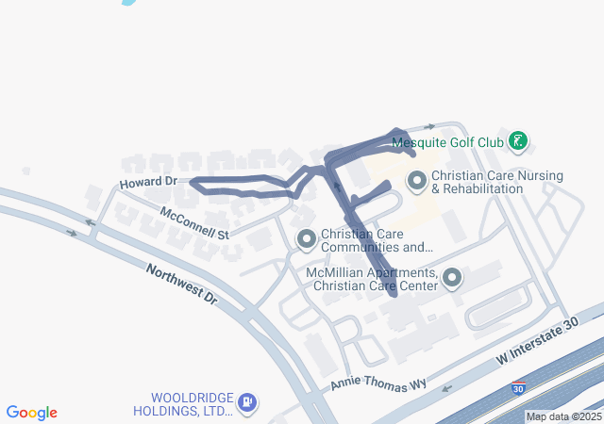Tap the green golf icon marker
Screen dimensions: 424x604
517,142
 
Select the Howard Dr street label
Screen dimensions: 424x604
148,181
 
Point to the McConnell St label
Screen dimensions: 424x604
195,221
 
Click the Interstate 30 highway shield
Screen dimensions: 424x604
518,387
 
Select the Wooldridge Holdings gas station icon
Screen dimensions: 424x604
246,403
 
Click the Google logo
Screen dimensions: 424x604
32,413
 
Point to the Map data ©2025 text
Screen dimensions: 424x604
563,416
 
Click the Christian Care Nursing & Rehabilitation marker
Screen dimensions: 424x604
416,179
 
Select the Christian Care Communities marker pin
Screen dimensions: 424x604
306,240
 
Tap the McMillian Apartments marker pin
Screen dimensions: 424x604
452,278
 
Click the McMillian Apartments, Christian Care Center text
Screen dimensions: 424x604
372,279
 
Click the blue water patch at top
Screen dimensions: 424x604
128,2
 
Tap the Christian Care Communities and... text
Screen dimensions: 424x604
377,241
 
